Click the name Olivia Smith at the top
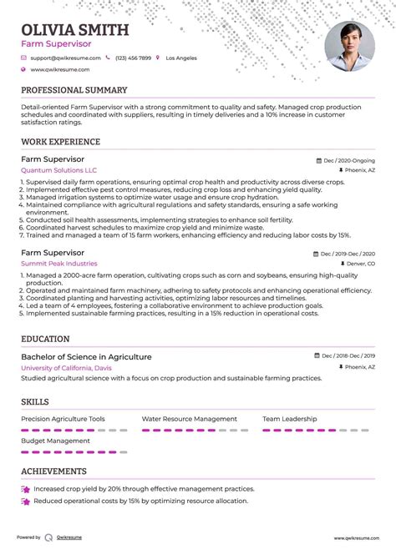[x=75, y=31]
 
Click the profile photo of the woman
[x=349, y=47]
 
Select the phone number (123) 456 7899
[x=134, y=58]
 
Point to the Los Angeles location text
[x=181, y=58]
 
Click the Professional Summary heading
[x=74, y=90]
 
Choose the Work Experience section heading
[x=60, y=142]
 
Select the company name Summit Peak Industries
[x=59, y=264]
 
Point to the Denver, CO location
[x=359, y=264]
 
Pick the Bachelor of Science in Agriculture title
[x=87, y=356]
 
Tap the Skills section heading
[x=35, y=401]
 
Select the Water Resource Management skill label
[x=189, y=419]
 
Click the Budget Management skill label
[x=55, y=441]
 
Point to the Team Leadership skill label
[x=289, y=419]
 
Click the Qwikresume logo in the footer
[x=49, y=538]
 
